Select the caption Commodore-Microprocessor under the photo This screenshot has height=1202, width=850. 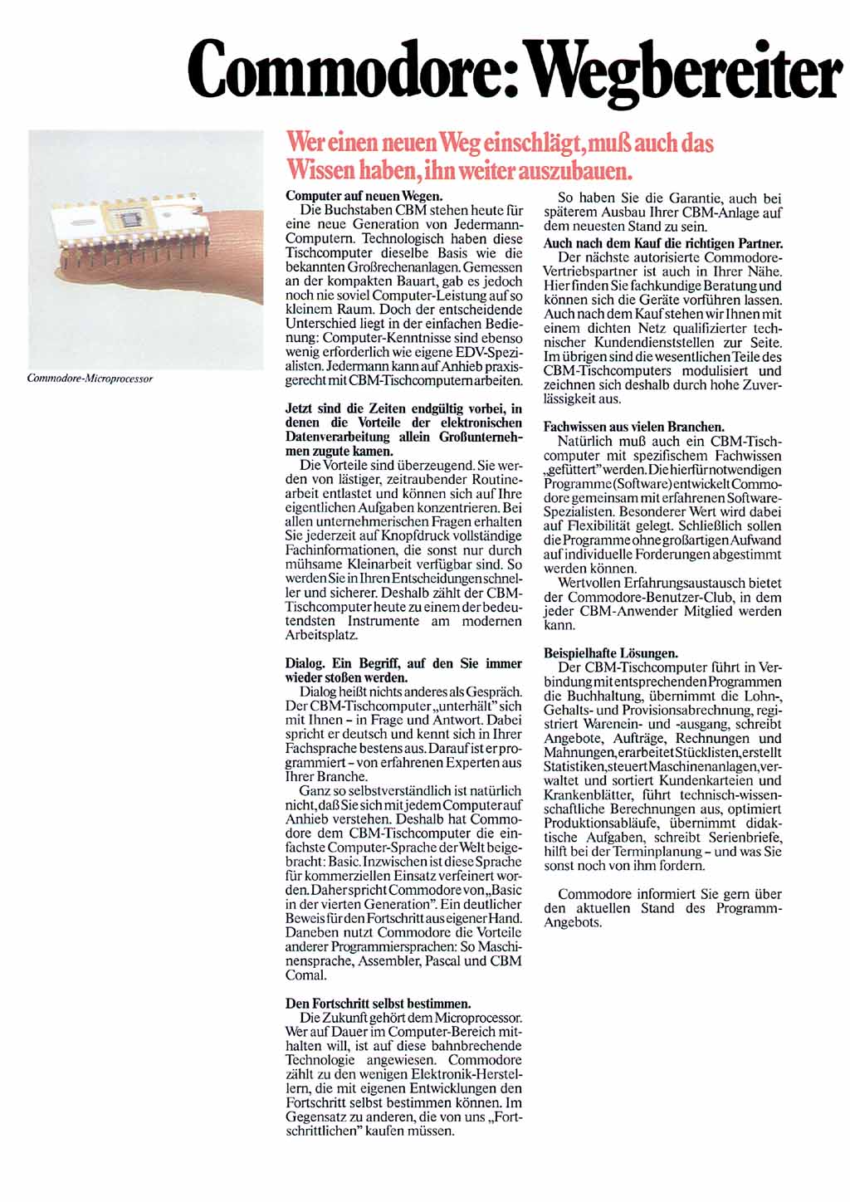[90, 379]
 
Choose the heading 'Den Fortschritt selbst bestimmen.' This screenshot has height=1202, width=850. [378, 1003]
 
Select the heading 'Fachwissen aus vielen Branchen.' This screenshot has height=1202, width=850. [633, 428]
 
